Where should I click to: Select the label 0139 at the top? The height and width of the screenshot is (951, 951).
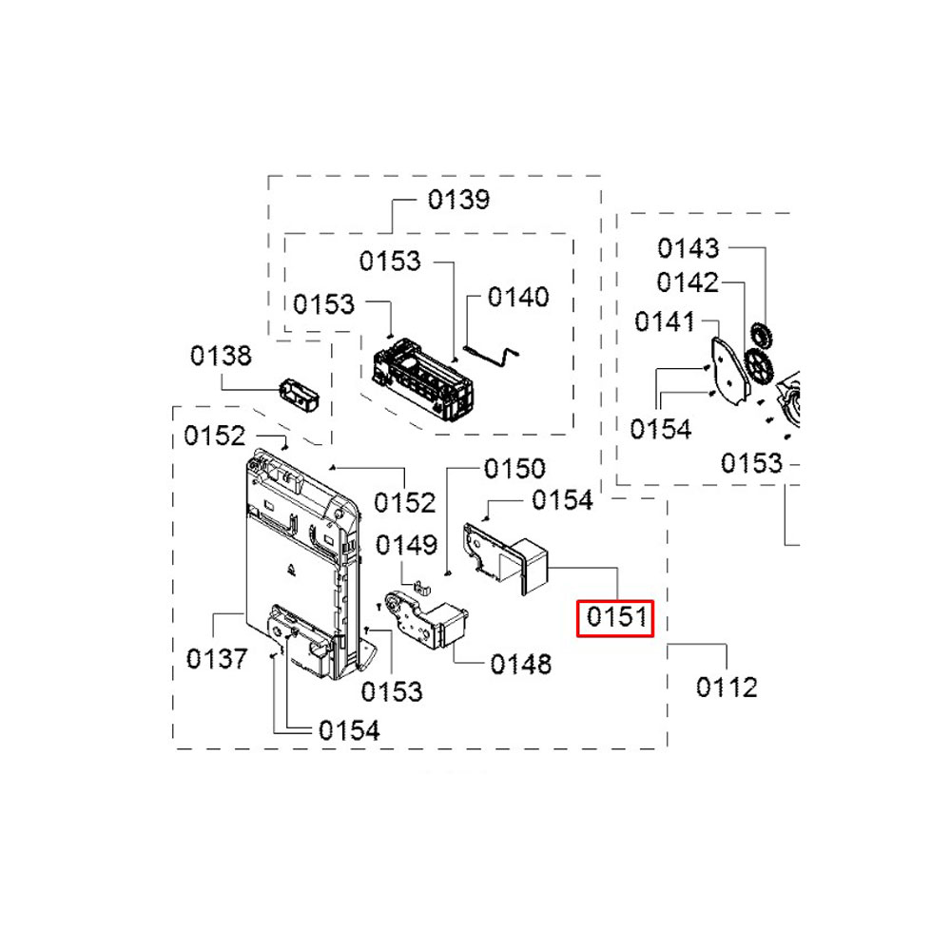458,200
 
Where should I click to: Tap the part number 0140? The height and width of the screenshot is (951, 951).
518,297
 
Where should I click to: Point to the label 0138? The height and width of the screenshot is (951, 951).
221,356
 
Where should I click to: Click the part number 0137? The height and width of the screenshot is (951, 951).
217,659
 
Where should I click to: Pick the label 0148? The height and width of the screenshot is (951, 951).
521,664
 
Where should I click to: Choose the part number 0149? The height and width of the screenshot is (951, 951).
406,545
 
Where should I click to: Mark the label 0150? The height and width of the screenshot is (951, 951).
514,468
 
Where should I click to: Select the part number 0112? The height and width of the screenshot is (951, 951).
727,688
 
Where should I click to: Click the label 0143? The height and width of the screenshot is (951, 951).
689,248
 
